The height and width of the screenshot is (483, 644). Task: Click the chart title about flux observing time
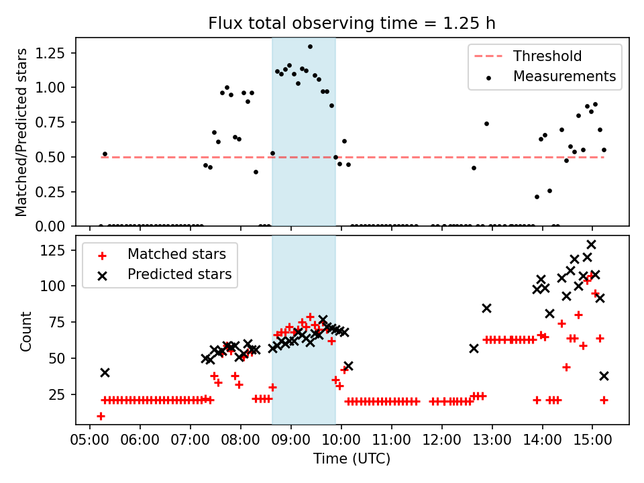(352, 24)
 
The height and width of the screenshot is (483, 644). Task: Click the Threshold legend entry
(547, 56)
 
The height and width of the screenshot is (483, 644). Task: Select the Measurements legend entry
(564, 76)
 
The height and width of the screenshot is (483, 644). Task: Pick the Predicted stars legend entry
(179, 274)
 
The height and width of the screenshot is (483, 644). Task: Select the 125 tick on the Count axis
(58, 250)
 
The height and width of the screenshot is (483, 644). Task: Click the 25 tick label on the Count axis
(62, 394)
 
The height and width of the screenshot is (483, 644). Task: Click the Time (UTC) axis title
(352, 460)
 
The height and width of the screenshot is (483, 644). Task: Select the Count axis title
(26, 331)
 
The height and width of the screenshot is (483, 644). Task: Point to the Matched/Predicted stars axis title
(21, 132)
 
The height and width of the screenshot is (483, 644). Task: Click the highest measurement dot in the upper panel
(310, 47)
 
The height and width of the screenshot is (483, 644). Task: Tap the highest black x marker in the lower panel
(591, 245)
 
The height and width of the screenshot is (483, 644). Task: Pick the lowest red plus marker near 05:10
(101, 416)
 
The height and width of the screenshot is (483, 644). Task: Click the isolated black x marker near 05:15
(105, 372)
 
